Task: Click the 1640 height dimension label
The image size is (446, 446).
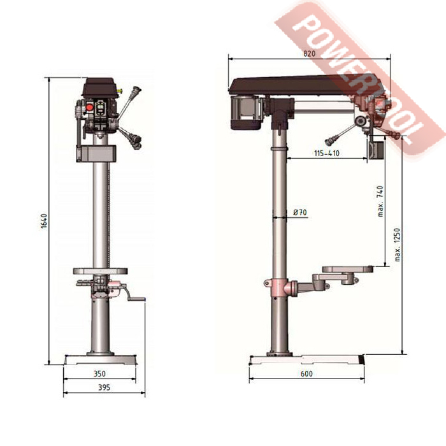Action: pyautogui.click(x=43, y=221)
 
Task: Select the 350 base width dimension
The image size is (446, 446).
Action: pyautogui.click(x=99, y=373)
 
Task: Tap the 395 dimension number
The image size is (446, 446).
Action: pyautogui.click(x=104, y=387)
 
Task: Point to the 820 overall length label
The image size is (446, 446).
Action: pyautogui.click(x=309, y=54)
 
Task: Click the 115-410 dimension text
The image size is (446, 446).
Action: pyautogui.click(x=327, y=154)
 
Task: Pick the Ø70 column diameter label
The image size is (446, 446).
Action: pyautogui.click(x=300, y=212)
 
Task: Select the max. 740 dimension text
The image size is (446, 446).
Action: pyautogui.click(x=380, y=201)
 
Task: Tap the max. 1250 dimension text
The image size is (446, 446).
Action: pyautogui.click(x=398, y=244)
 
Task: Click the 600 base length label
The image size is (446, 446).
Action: pyautogui.click(x=306, y=373)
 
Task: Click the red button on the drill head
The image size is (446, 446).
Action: pyautogui.click(x=90, y=107)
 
